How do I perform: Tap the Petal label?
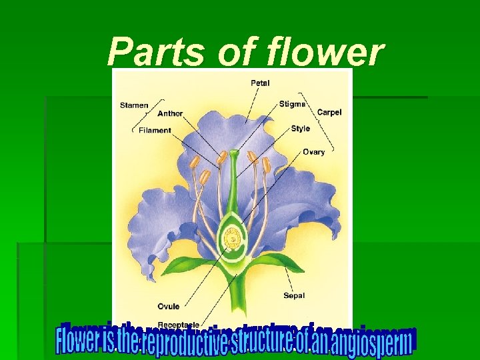(x=260, y=83)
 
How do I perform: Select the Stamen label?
(x=134, y=105)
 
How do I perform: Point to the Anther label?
(x=170, y=113)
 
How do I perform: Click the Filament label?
(x=155, y=130)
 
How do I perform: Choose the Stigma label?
(x=293, y=104)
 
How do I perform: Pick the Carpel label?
(x=329, y=112)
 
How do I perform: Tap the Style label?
(x=300, y=128)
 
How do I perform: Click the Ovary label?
(x=313, y=152)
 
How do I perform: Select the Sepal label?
(x=294, y=295)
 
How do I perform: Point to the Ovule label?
(x=168, y=307)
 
